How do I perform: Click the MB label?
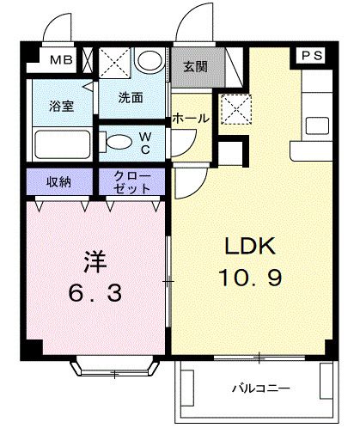tap(60, 60)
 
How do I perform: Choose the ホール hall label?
tap(190, 119)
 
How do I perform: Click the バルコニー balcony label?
tap(259, 387)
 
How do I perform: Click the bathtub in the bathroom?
tap(58, 141)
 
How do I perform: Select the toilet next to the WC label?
tap(116, 139)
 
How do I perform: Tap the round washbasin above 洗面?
tap(149, 62)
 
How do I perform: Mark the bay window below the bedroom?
tap(115, 368)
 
